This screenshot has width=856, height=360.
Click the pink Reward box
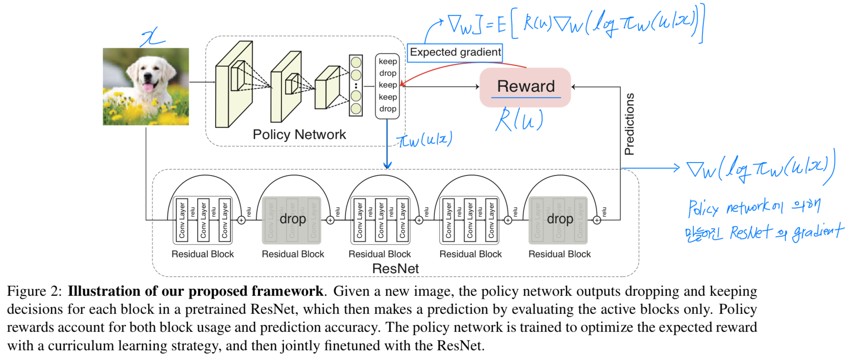click(x=525, y=87)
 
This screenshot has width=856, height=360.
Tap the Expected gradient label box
click(x=455, y=52)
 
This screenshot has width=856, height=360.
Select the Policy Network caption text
click(x=299, y=135)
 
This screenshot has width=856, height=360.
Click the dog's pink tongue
click(x=148, y=88)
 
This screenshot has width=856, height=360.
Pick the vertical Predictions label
click(x=629, y=124)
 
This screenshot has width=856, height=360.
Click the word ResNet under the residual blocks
click(x=395, y=269)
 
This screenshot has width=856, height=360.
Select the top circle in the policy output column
click(x=356, y=62)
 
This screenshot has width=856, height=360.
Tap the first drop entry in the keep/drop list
click(x=388, y=73)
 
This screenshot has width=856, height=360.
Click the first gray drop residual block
click(x=292, y=220)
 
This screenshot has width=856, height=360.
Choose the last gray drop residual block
click(x=559, y=220)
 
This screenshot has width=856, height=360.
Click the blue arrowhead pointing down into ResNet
click(x=388, y=166)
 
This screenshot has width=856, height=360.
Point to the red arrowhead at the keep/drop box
click(x=402, y=85)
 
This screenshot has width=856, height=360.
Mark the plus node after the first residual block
click(x=241, y=220)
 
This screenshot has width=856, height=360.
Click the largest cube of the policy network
click(x=234, y=84)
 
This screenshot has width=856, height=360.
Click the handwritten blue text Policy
click(x=703, y=208)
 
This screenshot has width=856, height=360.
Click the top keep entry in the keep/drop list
click(x=388, y=62)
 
